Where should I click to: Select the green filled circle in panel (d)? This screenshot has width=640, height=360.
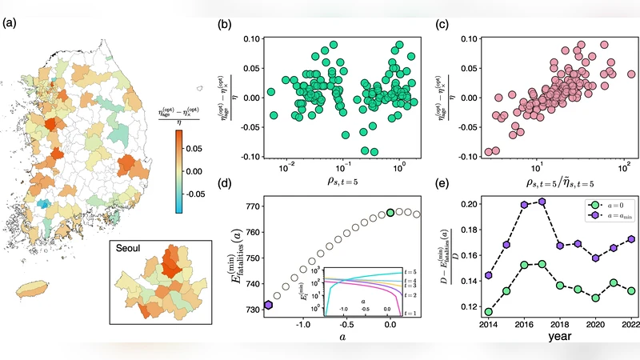(390, 213)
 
